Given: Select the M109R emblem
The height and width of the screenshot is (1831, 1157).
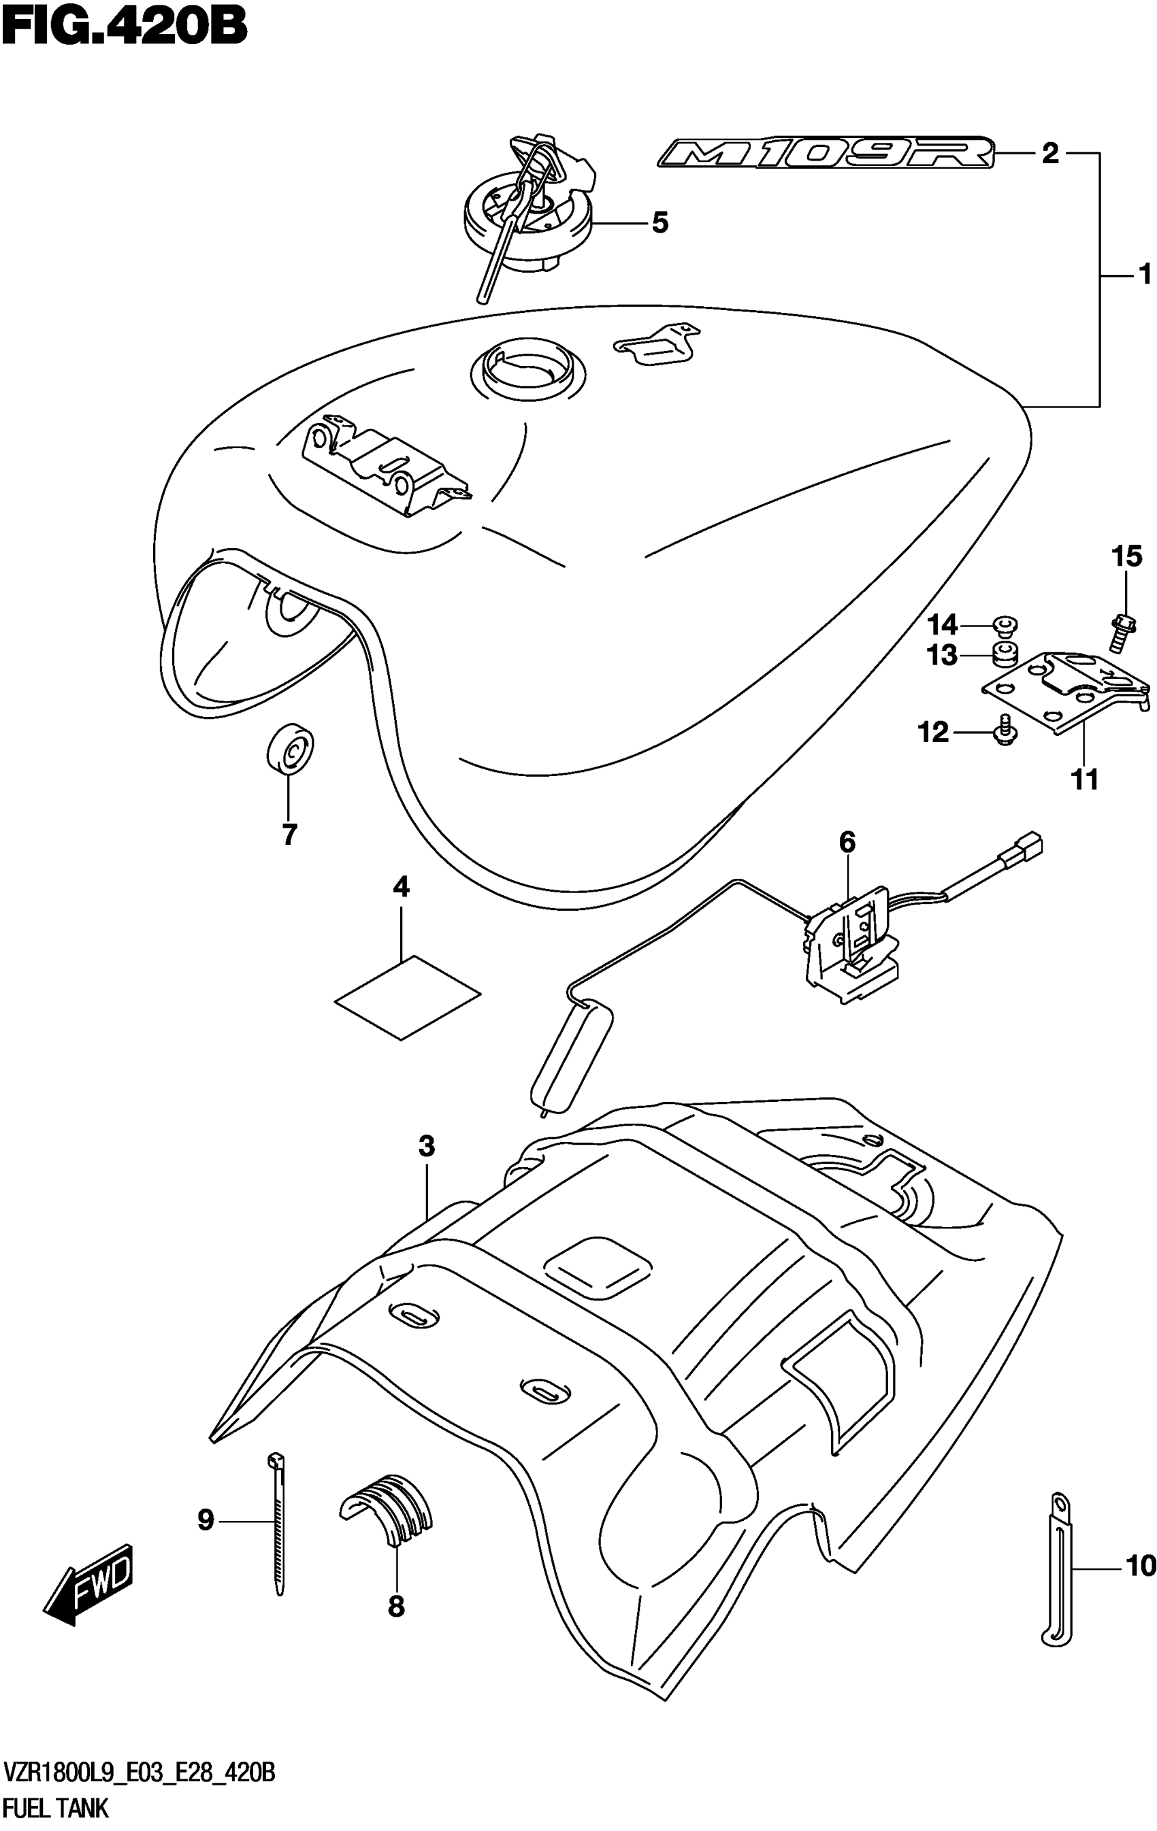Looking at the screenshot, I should point(826,154).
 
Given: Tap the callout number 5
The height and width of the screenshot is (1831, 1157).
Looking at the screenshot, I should point(659,224).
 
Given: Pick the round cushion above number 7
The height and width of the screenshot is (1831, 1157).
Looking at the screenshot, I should point(291,749).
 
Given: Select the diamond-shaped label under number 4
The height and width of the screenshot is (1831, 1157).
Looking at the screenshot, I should point(408,997).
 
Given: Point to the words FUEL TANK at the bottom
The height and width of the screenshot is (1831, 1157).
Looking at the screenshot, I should point(56,1808).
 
